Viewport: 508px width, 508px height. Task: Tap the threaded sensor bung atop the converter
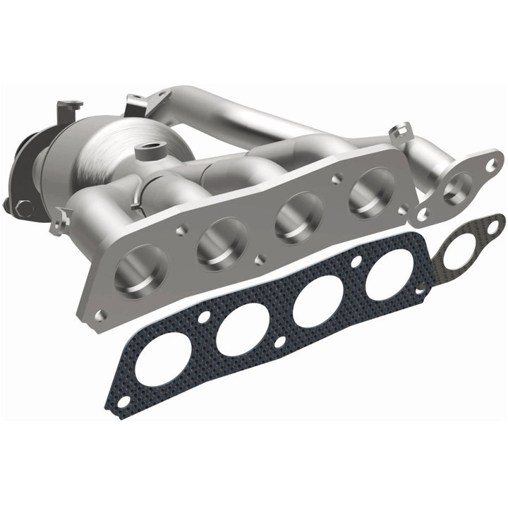pyautogui.click(x=150, y=150)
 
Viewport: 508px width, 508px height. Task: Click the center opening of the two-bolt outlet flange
pyautogui.click(x=458, y=188)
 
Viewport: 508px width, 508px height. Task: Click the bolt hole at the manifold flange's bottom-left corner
pyautogui.click(x=101, y=315)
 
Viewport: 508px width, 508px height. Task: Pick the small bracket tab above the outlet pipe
pyautogui.click(x=401, y=130)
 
